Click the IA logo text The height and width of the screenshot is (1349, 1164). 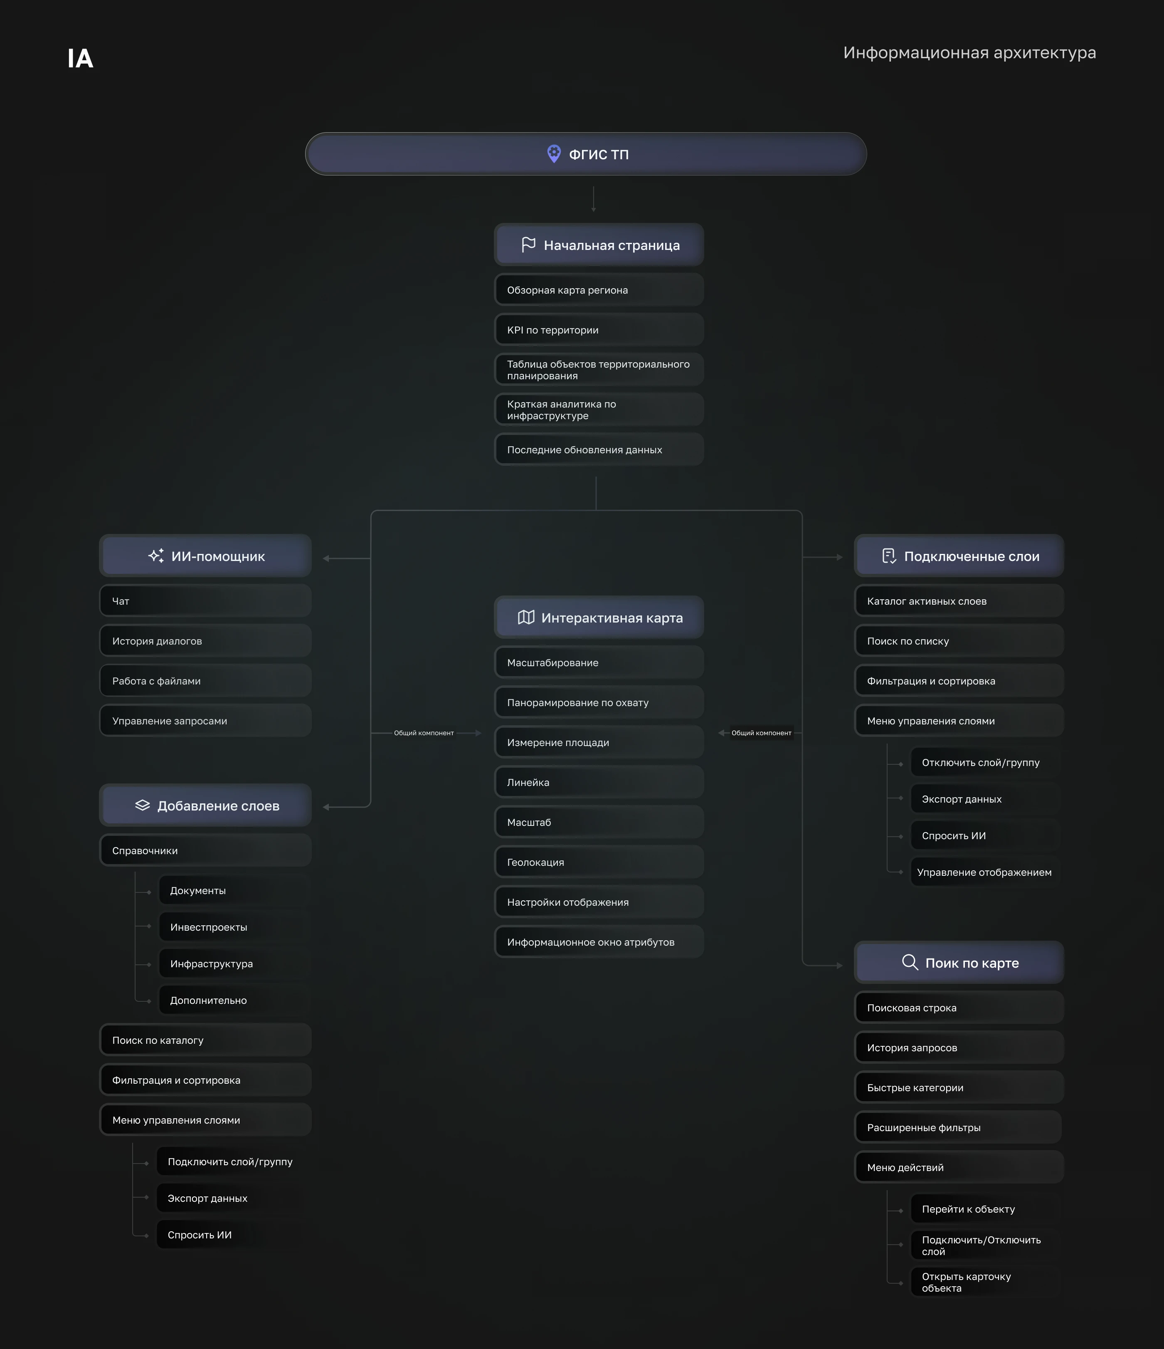(80, 59)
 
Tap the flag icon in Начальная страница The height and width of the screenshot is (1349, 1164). (529, 245)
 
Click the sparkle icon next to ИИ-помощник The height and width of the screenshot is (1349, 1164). (156, 555)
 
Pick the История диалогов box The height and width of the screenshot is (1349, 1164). (205, 641)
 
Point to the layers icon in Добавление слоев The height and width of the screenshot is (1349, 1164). (143, 805)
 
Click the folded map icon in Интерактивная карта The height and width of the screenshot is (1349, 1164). (526, 617)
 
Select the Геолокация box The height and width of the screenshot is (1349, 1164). (599, 862)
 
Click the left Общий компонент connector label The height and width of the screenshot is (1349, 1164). (424, 733)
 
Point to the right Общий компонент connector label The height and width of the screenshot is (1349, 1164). (762, 733)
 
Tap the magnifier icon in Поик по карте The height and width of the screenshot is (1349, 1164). (910, 962)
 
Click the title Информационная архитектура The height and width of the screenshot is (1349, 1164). (969, 53)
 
